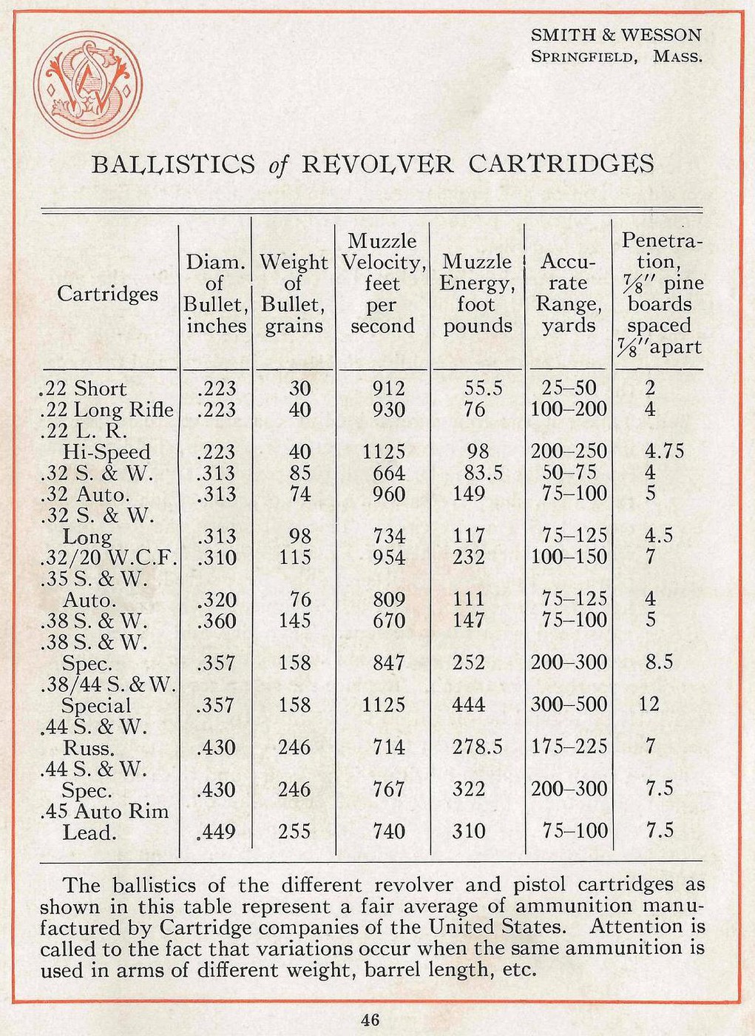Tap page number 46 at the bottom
(x=370, y=1020)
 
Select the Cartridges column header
(x=108, y=294)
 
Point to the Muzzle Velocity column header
(x=382, y=283)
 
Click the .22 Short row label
(x=82, y=388)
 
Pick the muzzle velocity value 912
(x=389, y=388)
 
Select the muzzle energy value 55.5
(x=484, y=388)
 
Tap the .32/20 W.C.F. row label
(x=108, y=557)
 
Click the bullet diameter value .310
(x=217, y=557)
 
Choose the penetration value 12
(x=649, y=704)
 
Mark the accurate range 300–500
(x=569, y=704)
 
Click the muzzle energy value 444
(x=469, y=704)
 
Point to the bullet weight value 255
(x=294, y=831)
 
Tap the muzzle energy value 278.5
(x=477, y=747)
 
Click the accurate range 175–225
(x=569, y=747)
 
